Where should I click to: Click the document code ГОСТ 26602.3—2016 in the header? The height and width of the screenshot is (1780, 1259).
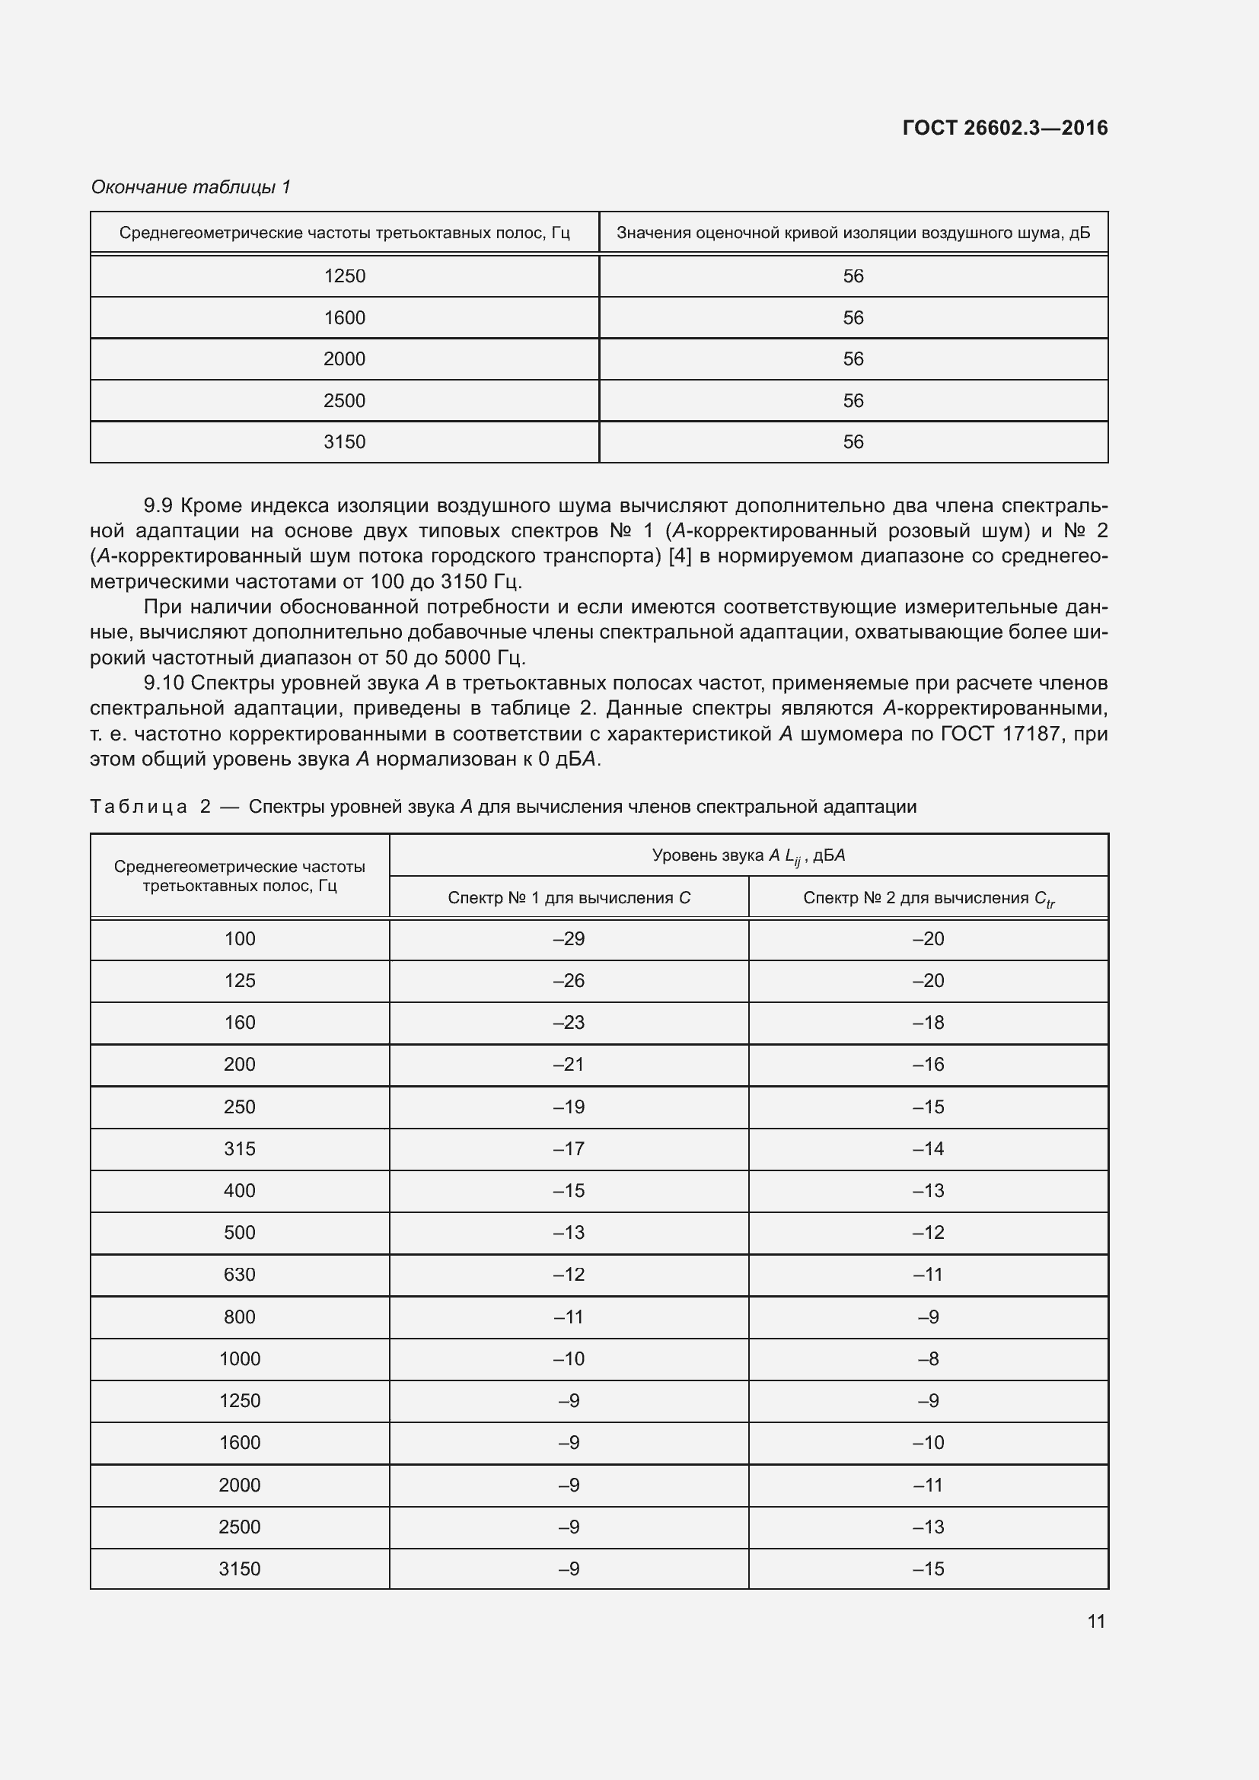[1005, 128]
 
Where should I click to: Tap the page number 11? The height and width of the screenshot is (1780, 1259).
[1095, 1621]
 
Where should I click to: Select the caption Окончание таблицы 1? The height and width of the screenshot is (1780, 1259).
[191, 187]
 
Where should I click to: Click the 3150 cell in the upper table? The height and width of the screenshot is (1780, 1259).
[344, 442]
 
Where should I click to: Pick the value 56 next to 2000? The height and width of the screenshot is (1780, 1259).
[853, 359]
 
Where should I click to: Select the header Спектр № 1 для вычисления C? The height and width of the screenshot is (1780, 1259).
[569, 898]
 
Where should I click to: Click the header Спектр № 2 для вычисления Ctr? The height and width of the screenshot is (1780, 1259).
[928, 898]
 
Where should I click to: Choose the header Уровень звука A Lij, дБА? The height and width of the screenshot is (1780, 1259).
[748, 856]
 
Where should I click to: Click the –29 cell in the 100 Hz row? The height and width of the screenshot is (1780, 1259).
[569, 939]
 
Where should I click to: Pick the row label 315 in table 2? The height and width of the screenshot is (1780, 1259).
[240, 1149]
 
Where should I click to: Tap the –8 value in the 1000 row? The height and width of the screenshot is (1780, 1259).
[928, 1358]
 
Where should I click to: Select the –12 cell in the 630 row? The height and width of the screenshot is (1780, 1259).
[569, 1275]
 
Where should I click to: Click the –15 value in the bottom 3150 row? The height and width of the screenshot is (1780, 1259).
[928, 1568]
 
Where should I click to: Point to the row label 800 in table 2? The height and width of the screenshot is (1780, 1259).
[240, 1317]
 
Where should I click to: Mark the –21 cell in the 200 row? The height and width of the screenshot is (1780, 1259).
[569, 1065]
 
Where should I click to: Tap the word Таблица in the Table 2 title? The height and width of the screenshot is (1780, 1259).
[139, 807]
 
